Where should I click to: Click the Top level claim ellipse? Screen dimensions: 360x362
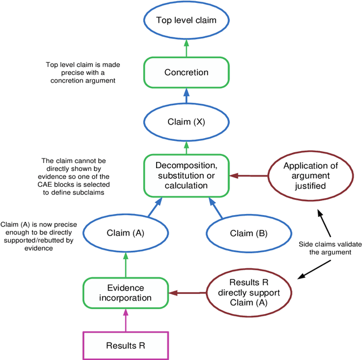[186, 20]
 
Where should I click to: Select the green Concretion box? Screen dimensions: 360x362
[186, 72]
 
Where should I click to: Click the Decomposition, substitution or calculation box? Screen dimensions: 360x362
[186, 175]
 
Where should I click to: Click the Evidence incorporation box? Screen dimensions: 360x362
[126, 293]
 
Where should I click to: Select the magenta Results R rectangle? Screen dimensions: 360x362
[126, 345]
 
